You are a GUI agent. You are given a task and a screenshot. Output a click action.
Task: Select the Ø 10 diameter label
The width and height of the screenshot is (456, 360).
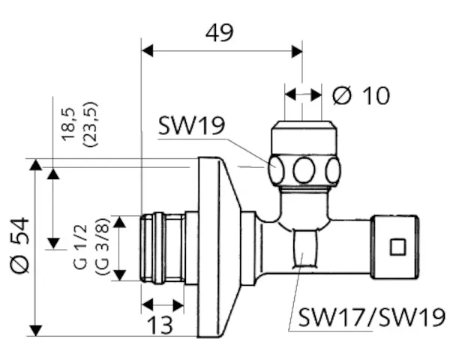(x=361, y=95)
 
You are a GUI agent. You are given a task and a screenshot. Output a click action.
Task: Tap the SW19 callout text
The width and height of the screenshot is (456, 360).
(x=191, y=125)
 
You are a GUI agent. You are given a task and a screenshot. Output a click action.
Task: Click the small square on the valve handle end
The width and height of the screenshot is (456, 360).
(x=397, y=245)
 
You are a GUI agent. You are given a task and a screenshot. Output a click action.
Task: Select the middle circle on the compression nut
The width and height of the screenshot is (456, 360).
(x=304, y=169)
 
